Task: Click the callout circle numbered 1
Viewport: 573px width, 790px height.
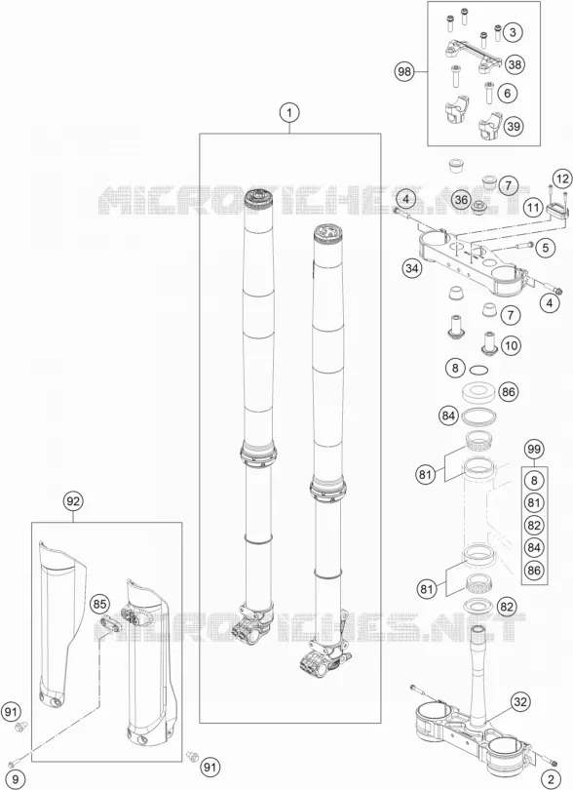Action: (289, 113)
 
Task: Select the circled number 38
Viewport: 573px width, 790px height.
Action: (515, 64)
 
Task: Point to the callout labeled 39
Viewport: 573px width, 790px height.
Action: (514, 126)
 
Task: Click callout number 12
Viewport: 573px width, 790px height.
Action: (562, 178)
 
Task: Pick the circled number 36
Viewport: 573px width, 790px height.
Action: (461, 200)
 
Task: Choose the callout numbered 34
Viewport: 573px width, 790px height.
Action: (412, 268)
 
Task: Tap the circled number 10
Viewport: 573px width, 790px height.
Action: (511, 345)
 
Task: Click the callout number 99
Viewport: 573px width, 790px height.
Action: (534, 449)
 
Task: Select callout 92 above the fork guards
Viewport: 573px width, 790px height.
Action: (73, 501)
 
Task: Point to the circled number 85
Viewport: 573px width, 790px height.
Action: (99, 604)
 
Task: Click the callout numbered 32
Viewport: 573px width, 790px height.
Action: (520, 702)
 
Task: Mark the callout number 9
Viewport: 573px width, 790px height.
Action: (16, 780)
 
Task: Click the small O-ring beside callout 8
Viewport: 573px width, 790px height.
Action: (478, 371)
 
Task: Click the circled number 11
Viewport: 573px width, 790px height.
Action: (533, 207)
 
